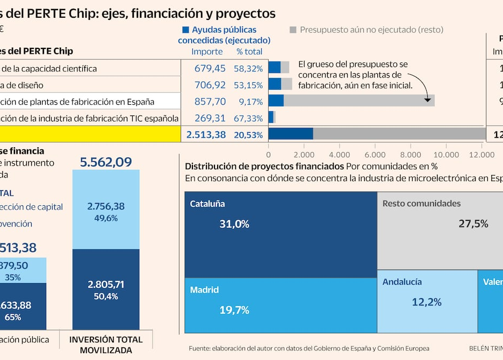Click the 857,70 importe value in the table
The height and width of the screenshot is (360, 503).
point(210,102)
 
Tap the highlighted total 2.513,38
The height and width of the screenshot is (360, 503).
point(206,135)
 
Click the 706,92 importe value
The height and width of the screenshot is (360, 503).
point(210,85)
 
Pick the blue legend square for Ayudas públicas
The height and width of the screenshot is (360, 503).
point(186,31)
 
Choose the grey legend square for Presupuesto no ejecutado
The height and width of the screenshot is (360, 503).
point(293,31)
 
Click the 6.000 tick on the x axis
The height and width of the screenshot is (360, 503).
point(375,155)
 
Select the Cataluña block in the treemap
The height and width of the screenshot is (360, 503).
point(281,235)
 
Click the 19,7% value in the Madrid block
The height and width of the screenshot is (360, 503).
point(234,310)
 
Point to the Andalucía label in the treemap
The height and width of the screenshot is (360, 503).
point(402,282)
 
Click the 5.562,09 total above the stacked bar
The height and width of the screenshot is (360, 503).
point(106,162)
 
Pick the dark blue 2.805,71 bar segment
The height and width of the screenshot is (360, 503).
point(106,289)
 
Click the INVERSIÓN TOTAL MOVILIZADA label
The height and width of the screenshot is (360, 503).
point(106,345)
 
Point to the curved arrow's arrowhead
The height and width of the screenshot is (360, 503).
point(428,99)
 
